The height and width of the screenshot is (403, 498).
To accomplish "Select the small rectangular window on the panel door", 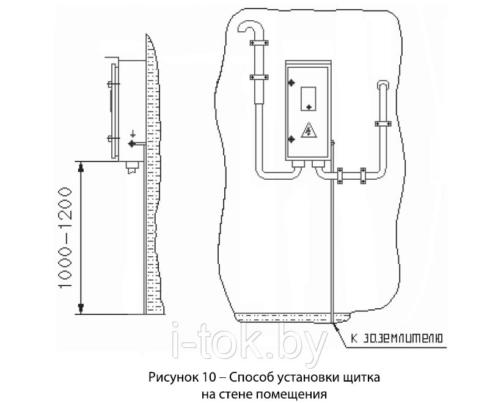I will coord(309,98).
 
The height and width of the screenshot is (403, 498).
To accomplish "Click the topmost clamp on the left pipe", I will coord(259,43).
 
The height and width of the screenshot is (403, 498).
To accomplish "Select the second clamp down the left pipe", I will coord(259,78).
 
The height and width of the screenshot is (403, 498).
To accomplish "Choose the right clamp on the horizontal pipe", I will coord(364,175).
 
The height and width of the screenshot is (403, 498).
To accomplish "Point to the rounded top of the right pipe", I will coord(383,84).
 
